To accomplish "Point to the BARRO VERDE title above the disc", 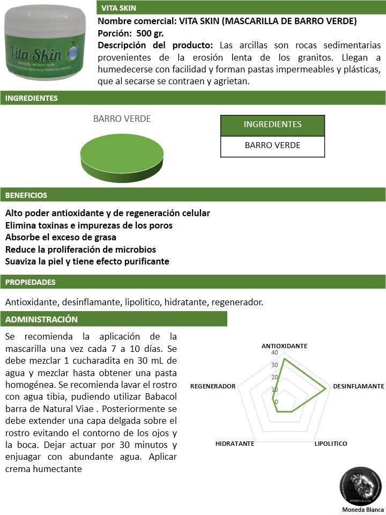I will coord(122,119).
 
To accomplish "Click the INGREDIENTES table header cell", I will coord(272,124).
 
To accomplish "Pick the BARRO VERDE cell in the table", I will coord(272,145).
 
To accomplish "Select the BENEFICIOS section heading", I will coord(26,195).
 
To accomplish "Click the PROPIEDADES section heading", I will coord(31,282).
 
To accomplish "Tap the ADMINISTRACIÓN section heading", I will coord(42,319).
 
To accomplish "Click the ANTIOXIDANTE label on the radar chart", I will coord(284,346).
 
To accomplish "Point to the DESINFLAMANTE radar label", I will coord(358,386).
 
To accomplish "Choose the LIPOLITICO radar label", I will coord(331,444).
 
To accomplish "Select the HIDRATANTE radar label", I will coord(235,444).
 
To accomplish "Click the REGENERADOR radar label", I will coord(213,386).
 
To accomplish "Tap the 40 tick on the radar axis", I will coord(274,353).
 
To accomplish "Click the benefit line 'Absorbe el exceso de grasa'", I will coord(61,237).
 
